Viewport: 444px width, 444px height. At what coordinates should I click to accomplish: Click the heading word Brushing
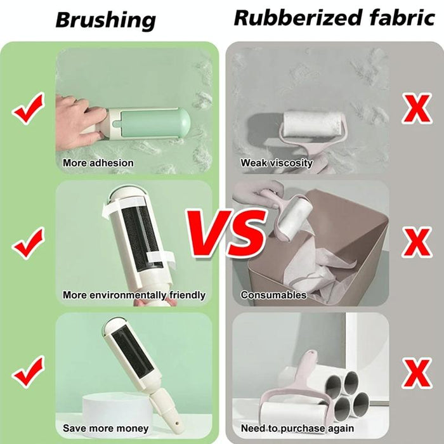click(x=105, y=20)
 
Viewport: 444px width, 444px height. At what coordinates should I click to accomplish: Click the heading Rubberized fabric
click(x=334, y=17)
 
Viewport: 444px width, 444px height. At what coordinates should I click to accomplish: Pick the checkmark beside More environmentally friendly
click(x=28, y=242)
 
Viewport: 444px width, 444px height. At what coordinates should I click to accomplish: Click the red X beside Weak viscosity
click(x=417, y=108)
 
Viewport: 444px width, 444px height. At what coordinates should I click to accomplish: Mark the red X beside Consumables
click(x=417, y=242)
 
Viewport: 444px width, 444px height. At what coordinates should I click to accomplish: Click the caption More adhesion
click(x=98, y=163)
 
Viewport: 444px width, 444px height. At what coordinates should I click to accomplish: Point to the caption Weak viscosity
click(x=277, y=163)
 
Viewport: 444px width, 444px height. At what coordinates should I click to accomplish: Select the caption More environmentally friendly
click(x=134, y=295)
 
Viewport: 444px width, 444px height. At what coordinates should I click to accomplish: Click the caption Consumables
click(x=273, y=295)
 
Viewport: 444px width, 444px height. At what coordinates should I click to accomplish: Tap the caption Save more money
click(x=105, y=428)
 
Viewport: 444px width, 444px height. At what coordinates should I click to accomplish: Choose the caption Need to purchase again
click(x=297, y=428)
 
